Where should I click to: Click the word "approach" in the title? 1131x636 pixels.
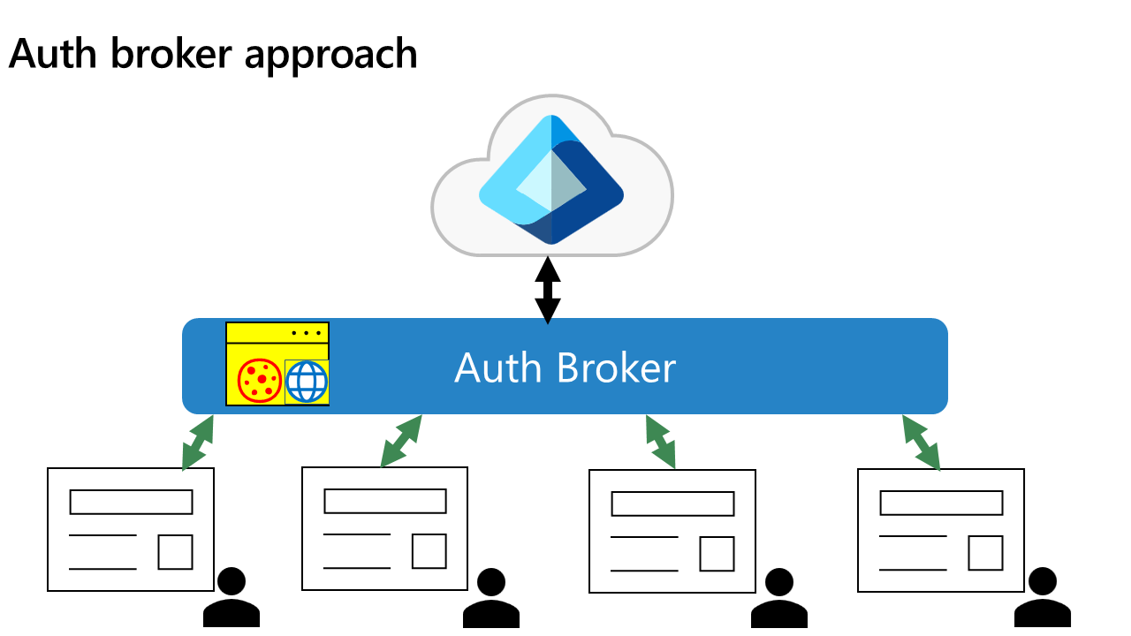coord(331,56)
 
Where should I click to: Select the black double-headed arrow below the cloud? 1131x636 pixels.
coord(548,290)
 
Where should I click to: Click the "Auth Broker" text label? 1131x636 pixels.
coord(565,367)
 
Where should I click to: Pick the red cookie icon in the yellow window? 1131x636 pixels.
coord(260,381)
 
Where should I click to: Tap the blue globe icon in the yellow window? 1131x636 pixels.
coord(307,382)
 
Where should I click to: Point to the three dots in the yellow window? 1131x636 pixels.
coord(306,333)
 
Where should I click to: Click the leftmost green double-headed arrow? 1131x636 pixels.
coord(198,442)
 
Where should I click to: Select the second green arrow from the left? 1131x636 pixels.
coord(401,441)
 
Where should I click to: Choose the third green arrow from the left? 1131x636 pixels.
coord(660,442)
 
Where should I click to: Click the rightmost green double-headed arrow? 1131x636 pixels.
coord(921,443)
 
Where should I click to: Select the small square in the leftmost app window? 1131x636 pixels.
coord(175,552)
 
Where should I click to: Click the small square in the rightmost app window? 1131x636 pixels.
coord(985,553)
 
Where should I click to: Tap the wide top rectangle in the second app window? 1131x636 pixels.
coord(385,501)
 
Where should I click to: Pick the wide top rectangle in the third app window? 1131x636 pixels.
coord(673,503)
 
